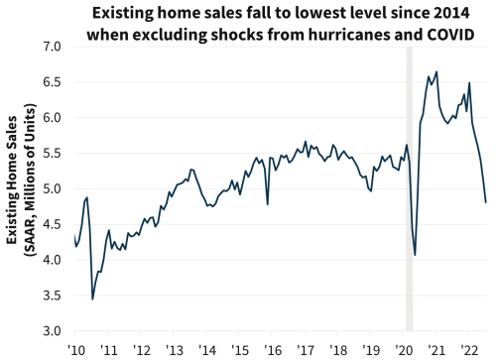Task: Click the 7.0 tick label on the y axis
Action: coord(50,47)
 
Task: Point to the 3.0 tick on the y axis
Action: coord(50,331)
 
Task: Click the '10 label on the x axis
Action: coord(75,349)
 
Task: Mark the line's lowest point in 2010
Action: coord(93,299)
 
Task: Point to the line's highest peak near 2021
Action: coord(437,71)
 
